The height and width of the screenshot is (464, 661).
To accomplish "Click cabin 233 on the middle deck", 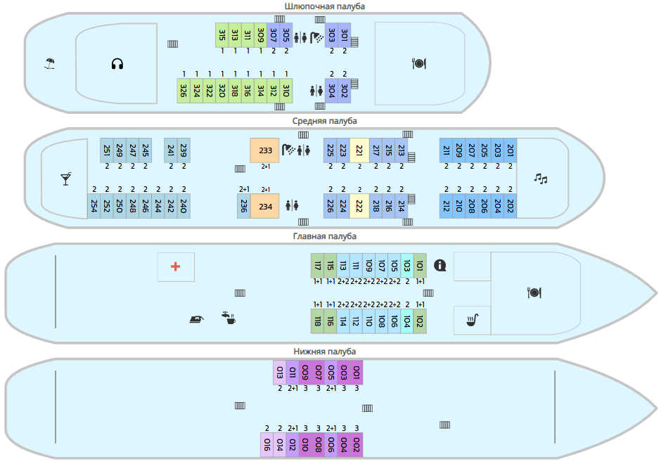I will (x=265, y=150).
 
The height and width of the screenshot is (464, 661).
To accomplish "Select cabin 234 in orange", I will (x=265, y=206).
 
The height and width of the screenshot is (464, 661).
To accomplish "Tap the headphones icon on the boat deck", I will (x=117, y=64).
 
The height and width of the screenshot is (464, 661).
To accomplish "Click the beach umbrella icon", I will (x=49, y=64).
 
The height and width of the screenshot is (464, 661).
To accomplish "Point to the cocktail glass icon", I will (x=66, y=179).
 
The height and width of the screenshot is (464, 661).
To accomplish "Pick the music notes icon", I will (x=540, y=179).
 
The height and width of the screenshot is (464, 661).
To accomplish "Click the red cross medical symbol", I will (x=176, y=266).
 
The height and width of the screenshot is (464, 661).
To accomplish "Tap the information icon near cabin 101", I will (x=441, y=265).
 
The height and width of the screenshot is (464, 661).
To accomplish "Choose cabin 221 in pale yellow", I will (x=359, y=150).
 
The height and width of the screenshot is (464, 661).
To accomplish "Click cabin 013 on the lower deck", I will (x=279, y=372).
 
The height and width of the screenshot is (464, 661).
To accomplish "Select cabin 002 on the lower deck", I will (x=357, y=444).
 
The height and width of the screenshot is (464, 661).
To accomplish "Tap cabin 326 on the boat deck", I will (x=184, y=91).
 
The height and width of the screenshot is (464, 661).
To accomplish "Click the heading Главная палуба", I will (x=324, y=236).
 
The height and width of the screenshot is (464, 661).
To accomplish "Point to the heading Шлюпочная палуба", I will (x=324, y=6).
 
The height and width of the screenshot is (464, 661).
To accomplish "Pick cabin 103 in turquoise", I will (x=407, y=266).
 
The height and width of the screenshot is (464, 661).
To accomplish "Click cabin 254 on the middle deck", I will (x=94, y=206).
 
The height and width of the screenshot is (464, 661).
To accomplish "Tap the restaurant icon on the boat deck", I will (x=418, y=63).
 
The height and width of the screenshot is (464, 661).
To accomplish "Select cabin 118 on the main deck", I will (x=318, y=321).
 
